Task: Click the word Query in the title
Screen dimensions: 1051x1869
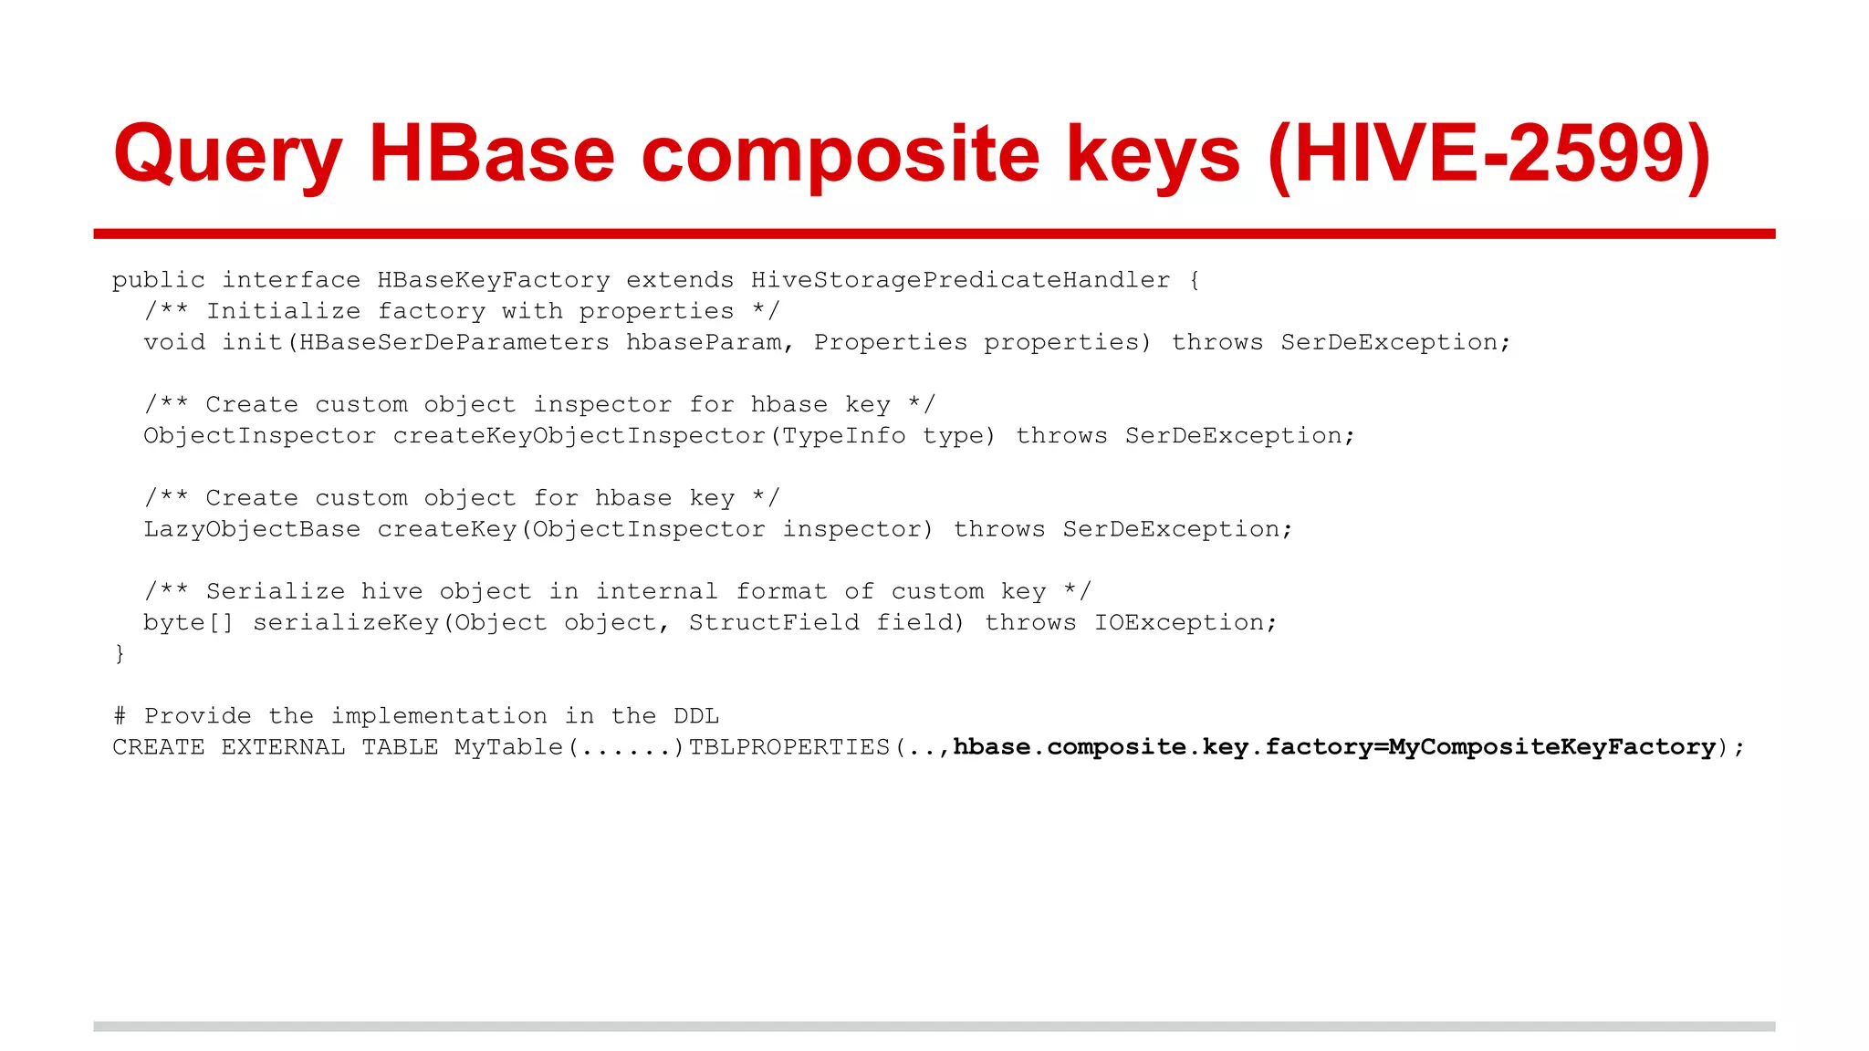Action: click(x=227, y=155)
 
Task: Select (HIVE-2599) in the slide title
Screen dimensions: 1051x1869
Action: click(x=1488, y=155)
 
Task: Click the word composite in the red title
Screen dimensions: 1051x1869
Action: click(x=840, y=155)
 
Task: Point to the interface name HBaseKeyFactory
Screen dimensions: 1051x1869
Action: click(x=493, y=280)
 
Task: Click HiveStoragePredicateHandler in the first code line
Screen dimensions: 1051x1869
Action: click(x=960, y=280)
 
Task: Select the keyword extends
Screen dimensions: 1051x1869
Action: click(x=679, y=280)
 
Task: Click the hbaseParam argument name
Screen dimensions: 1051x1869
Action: click(x=704, y=342)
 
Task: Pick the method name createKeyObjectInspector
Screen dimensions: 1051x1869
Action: click(x=579, y=436)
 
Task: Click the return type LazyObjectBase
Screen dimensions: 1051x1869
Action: click(x=252, y=529)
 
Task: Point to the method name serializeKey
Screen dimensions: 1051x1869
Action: click(x=346, y=622)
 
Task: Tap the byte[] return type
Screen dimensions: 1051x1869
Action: click(x=188, y=622)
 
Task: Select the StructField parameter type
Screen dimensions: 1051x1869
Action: click(x=774, y=622)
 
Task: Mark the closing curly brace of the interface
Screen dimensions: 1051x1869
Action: click(x=119, y=653)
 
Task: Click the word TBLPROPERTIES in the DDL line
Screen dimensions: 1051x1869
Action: click(x=788, y=747)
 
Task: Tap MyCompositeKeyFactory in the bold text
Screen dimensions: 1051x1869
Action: click(x=1551, y=747)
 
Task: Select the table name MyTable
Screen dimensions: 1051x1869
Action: click(x=508, y=747)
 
